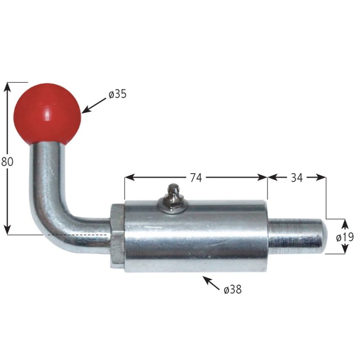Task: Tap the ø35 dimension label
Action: click(x=117, y=94)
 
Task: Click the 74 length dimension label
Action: click(x=195, y=178)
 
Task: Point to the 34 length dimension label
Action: click(x=296, y=178)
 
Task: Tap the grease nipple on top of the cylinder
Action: click(x=173, y=197)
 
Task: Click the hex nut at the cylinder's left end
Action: click(x=117, y=236)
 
